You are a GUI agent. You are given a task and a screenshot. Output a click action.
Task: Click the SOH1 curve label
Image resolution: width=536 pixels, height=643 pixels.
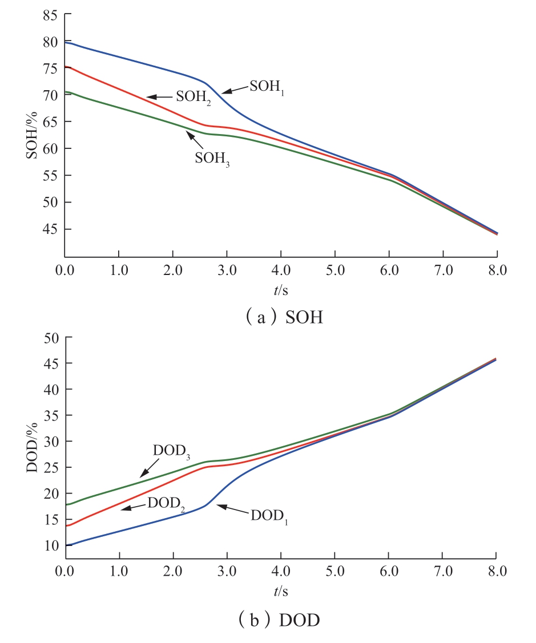pyautogui.click(x=267, y=87)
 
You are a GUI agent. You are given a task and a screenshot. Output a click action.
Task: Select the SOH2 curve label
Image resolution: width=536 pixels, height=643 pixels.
pyautogui.click(x=194, y=96)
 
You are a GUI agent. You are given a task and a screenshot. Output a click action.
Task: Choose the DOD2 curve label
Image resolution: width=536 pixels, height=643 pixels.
pyautogui.click(x=166, y=504)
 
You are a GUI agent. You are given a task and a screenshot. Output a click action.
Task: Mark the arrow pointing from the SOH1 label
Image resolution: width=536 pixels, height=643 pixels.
pyautogui.click(x=235, y=90)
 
